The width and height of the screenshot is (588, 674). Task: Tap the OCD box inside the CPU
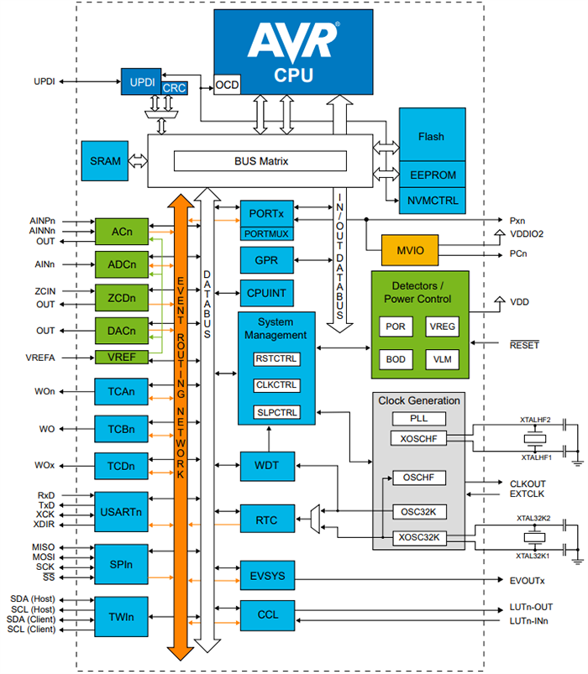click(227, 86)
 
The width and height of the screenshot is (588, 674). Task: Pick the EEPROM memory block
click(431, 175)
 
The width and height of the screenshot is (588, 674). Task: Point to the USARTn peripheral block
click(121, 512)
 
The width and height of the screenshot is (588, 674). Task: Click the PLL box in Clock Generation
click(418, 418)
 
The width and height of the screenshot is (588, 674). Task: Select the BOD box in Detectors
click(395, 358)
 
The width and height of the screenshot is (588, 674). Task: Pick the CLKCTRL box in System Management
click(276, 385)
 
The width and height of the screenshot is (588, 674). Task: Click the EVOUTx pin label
click(528, 581)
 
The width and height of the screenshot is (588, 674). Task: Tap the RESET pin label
click(524, 345)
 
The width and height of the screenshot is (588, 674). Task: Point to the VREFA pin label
click(40, 358)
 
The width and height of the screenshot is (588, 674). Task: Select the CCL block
click(267, 615)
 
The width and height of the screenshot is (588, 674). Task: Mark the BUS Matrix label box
click(260, 160)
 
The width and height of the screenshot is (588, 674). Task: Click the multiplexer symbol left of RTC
click(315, 518)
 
